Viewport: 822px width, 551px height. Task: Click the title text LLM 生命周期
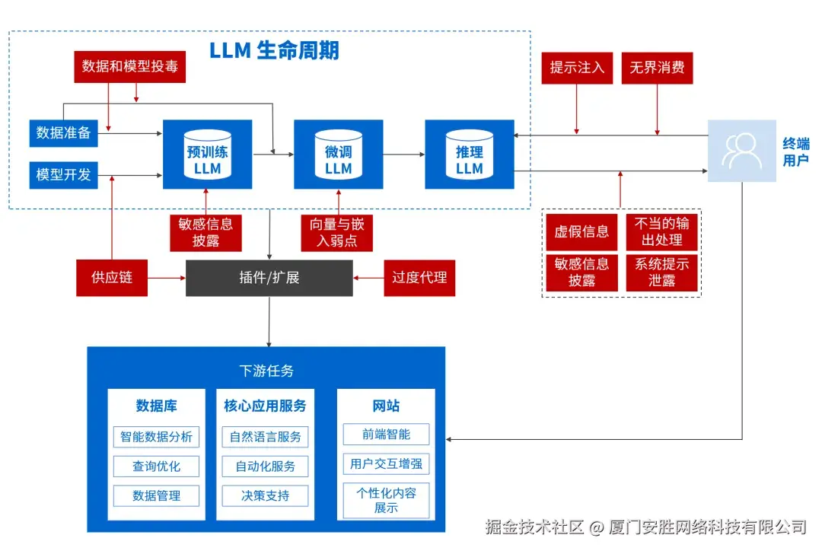tap(274, 51)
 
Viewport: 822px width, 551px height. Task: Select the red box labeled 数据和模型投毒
tap(129, 67)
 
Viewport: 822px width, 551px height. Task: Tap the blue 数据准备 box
tap(64, 133)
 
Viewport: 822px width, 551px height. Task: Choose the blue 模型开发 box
tap(64, 174)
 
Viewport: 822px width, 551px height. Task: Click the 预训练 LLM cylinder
tap(207, 154)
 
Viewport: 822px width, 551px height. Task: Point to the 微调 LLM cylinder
tap(338, 154)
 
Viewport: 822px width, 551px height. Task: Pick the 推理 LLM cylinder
tap(469, 154)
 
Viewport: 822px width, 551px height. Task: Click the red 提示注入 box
tap(577, 67)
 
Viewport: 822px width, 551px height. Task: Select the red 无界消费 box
tap(656, 67)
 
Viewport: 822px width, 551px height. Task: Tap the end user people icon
tap(741, 151)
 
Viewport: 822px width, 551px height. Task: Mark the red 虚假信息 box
tap(581, 232)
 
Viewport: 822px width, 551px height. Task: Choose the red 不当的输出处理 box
tap(661, 232)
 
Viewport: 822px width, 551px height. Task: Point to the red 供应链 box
tap(112, 278)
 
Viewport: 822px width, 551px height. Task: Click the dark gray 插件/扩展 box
tap(269, 278)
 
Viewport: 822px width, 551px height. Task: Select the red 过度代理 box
tap(419, 278)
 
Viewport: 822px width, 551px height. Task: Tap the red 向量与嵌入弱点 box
tap(337, 232)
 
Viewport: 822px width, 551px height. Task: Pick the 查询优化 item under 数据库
tap(157, 467)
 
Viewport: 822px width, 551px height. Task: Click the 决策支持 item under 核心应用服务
tap(265, 495)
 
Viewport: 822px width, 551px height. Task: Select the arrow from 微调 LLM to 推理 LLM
tap(403, 154)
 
